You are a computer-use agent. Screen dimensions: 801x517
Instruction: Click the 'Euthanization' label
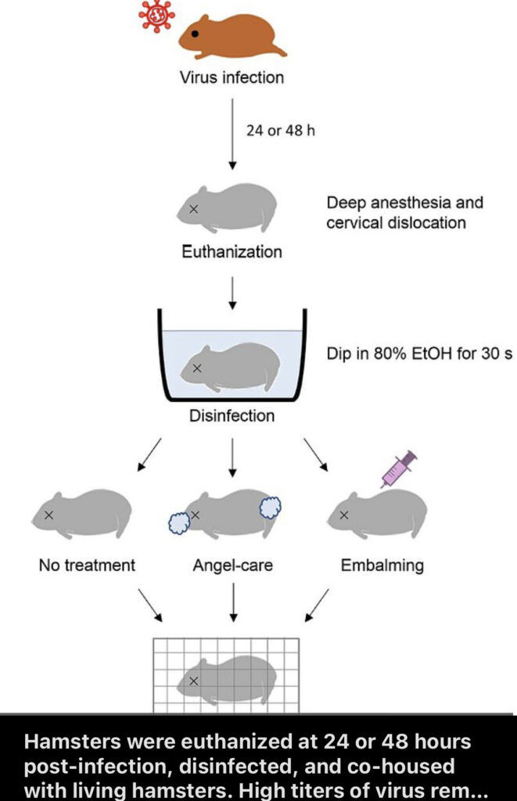(232, 253)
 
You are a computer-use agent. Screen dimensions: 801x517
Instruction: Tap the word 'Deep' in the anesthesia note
(345, 203)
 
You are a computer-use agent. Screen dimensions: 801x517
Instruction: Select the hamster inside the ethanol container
(228, 367)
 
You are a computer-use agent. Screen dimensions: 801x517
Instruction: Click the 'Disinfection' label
(232, 415)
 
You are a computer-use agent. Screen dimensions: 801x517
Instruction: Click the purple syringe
(399, 469)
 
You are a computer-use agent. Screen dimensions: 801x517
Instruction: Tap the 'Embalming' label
(382, 565)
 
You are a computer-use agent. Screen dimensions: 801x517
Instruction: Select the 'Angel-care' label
(232, 565)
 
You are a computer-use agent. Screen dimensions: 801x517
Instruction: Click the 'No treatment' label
(87, 565)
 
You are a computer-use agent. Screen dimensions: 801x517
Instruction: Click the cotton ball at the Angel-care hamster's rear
(270, 508)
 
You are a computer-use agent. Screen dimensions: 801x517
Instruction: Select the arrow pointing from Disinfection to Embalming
(316, 455)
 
